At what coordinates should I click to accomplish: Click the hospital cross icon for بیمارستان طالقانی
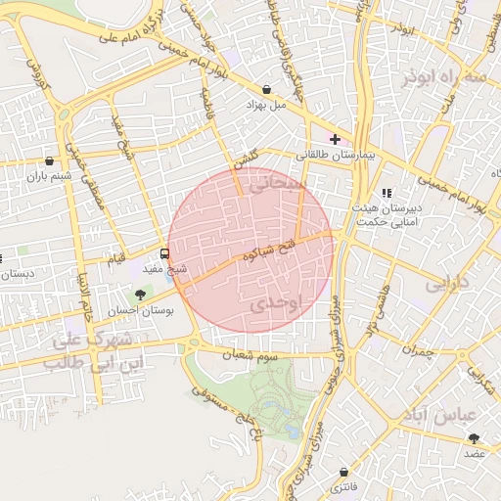(x=335, y=140)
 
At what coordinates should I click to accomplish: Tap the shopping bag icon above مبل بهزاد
(x=267, y=89)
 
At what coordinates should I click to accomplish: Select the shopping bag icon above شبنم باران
(x=50, y=160)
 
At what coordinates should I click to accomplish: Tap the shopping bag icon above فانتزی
(x=343, y=472)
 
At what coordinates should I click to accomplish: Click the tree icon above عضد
(x=475, y=439)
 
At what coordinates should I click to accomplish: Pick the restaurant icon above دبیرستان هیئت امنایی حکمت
(x=387, y=193)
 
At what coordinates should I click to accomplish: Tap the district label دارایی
(x=448, y=285)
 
